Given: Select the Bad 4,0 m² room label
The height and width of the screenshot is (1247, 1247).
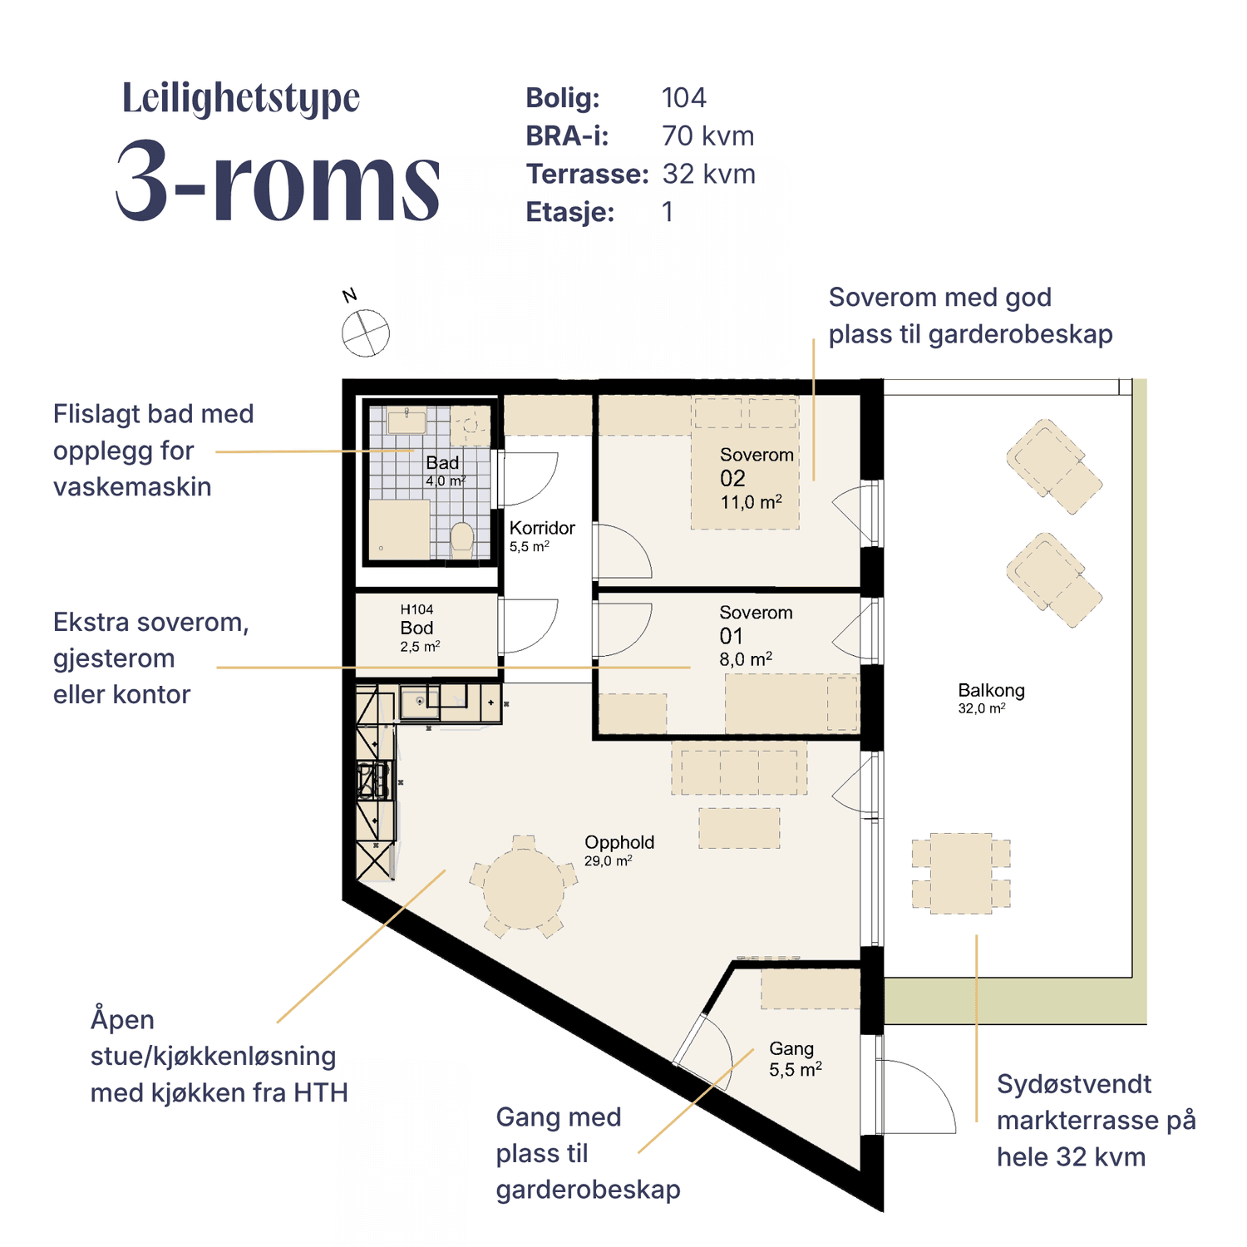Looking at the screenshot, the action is pos(445,471).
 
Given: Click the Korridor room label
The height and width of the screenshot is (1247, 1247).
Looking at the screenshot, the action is pos(542,535).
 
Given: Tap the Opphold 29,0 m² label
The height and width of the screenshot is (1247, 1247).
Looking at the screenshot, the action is pos(619,850).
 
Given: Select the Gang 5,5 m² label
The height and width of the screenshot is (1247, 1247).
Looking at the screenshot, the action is pos(795,1059).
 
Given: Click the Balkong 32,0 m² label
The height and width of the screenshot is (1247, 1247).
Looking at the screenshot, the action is pos(991,697).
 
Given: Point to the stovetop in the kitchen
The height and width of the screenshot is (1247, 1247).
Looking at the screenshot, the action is pos(373,781).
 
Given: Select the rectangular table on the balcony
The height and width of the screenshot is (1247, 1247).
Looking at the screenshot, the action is pos(961,873).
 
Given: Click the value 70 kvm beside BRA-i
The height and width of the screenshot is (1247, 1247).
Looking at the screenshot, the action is pos(708,136).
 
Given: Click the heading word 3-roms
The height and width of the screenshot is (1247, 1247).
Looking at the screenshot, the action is pos(278,180).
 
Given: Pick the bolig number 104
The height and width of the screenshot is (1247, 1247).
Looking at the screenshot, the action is pos(684,97).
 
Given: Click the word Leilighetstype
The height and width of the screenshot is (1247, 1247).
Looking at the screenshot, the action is pos(241,98).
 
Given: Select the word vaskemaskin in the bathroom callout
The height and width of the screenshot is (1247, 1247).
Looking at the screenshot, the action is pos(132,486).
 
